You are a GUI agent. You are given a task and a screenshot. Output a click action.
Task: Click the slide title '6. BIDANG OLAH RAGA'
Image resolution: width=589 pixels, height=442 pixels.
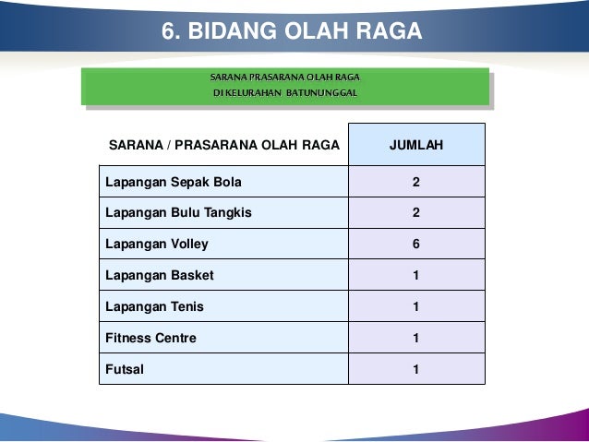pyautogui.click(x=292, y=31)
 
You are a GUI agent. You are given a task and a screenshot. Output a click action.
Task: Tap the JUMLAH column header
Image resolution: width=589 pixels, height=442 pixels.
pyautogui.click(x=416, y=145)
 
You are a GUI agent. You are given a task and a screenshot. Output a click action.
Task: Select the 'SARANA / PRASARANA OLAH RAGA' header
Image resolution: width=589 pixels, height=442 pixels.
pyautogui.click(x=224, y=145)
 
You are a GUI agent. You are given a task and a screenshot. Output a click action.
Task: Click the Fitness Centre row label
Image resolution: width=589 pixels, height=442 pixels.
pyautogui.click(x=150, y=338)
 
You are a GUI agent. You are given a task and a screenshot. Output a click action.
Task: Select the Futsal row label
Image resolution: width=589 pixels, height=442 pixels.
pyautogui.click(x=125, y=369)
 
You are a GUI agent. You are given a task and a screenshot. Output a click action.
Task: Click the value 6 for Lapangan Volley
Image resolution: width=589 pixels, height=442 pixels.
pyautogui.click(x=416, y=245)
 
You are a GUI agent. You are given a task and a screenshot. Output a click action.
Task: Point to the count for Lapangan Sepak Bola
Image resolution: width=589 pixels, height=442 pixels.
pyautogui.click(x=416, y=182)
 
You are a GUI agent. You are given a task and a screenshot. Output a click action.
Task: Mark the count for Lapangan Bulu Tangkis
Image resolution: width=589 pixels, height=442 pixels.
pyautogui.click(x=416, y=213)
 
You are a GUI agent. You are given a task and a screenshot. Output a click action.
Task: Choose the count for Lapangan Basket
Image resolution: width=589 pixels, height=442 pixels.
pyautogui.click(x=416, y=276)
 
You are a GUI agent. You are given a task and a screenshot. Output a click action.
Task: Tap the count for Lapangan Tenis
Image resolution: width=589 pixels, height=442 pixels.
pyautogui.click(x=416, y=306)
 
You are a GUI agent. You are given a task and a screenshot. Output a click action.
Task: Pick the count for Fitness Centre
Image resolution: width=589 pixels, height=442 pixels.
pyautogui.click(x=416, y=338)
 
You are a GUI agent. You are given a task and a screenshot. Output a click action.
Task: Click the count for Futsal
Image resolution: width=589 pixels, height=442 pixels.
pyautogui.click(x=416, y=369)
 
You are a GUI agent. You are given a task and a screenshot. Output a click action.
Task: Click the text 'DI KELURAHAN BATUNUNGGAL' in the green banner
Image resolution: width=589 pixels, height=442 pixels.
pyautogui.click(x=284, y=93)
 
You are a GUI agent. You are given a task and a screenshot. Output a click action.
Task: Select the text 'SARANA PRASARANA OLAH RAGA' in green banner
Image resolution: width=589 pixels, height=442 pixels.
pyautogui.click(x=284, y=77)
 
